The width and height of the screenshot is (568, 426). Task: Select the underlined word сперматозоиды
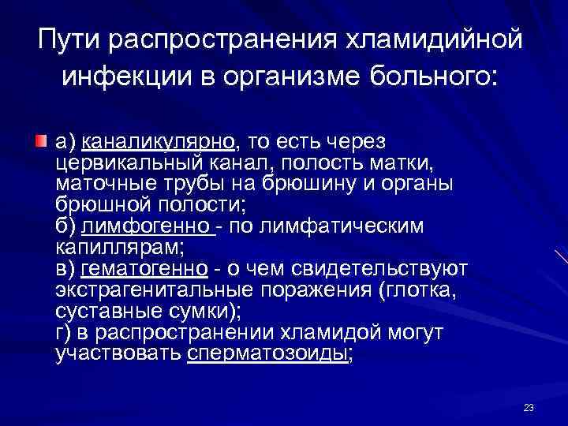pyautogui.click(x=268, y=355)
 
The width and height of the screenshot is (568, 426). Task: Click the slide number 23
pyautogui.click(x=529, y=408)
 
